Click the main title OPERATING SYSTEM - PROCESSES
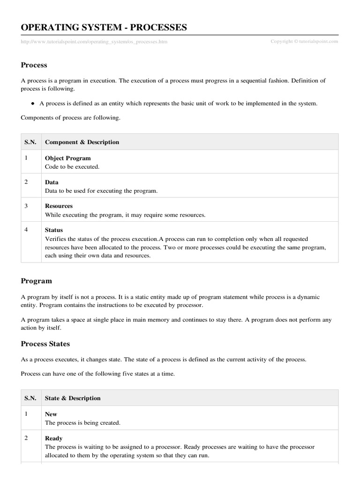tap(104, 28)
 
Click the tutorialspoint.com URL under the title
tap(94, 42)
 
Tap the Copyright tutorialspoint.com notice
tap(304, 41)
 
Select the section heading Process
tap(34, 65)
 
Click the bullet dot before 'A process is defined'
tap(33, 104)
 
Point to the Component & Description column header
tap(82, 142)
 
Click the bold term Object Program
tap(68, 158)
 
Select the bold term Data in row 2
tap(52, 182)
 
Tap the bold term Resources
tap(59, 206)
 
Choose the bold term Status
tap(54, 230)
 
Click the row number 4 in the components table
tap(26, 230)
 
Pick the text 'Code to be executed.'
tap(72, 167)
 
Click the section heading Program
tap(37, 281)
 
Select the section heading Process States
tap(45, 344)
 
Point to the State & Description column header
tap(73, 398)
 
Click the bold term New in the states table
tap(51, 414)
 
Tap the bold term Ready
tap(53, 438)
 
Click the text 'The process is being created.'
tap(82, 423)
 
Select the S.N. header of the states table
tap(30, 398)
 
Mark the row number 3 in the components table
tap(26, 206)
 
